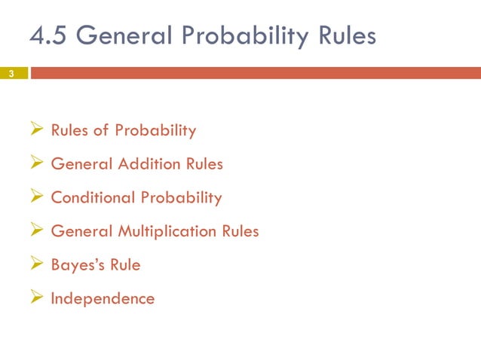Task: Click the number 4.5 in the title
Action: [x=48, y=35]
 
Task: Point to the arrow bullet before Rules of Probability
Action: [x=37, y=130]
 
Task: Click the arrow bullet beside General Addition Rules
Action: [x=37, y=163]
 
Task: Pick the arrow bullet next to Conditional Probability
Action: [x=37, y=197]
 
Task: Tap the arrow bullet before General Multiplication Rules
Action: [x=37, y=231]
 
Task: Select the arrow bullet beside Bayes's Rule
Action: [x=37, y=265]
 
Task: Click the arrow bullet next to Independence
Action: [x=37, y=298]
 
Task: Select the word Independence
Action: [x=103, y=298]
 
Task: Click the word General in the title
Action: [x=121, y=35]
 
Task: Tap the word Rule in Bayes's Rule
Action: [x=124, y=265]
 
